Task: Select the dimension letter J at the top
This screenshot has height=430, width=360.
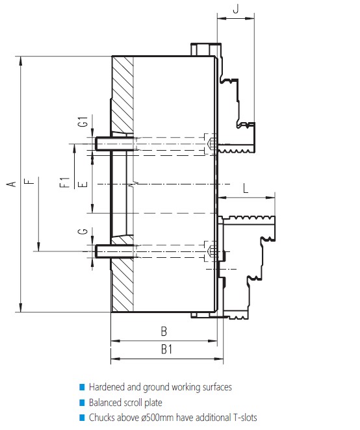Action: coord(236,9)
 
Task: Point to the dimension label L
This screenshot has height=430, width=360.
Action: coord(246,188)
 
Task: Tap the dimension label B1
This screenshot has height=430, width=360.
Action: coord(166,349)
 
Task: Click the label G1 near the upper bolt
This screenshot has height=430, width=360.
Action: coord(83,121)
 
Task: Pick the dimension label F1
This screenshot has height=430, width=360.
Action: coord(65,183)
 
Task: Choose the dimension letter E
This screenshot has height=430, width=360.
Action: coord(83,184)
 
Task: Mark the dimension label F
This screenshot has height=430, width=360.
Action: coord(29,181)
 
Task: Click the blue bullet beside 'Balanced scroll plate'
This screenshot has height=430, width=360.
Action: coord(82,402)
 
